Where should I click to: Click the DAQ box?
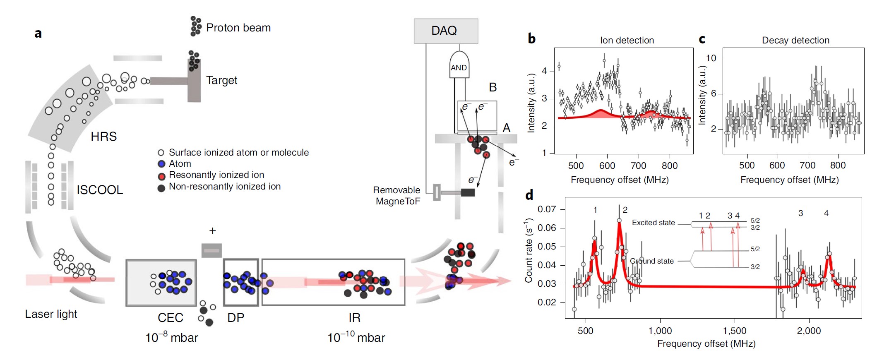(446, 31)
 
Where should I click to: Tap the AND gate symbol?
(459, 66)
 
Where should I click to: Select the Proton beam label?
(238, 28)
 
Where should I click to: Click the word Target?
(221, 80)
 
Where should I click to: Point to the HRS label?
(103, 137)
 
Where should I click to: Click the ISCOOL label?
(100, 190)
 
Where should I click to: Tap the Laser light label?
(51, 314)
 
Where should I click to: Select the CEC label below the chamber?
(170, 318)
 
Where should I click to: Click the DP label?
(235, 318)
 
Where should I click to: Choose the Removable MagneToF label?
(396, 196)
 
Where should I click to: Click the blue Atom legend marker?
(161, 164)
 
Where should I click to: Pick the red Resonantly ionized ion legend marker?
(161, 176)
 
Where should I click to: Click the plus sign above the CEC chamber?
(212, 230)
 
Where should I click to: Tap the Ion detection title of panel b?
(627, 40)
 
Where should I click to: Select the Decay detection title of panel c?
(795, 40)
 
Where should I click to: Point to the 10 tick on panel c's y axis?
(711, 58)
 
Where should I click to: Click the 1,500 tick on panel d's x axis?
(735, 331)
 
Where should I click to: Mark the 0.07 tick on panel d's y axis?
(546, 209)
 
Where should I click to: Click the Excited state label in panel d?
(653, 223)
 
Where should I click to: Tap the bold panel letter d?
(529, 195)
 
